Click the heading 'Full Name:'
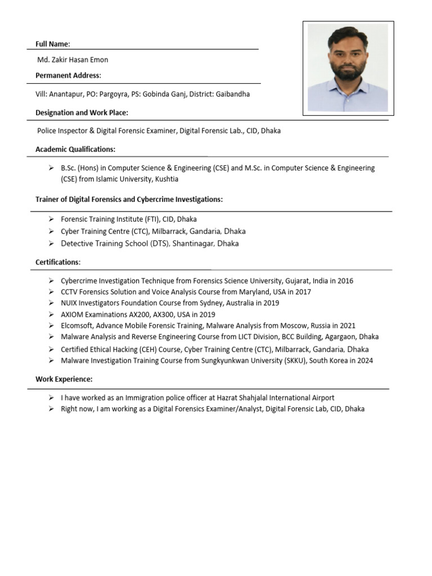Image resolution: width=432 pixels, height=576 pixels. tap(53, 44)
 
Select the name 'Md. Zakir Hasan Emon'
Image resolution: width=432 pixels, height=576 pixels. tap(73, 60)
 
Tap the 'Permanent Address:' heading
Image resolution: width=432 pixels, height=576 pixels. tap(68, 75)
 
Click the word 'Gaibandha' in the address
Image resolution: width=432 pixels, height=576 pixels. tap(233, 94)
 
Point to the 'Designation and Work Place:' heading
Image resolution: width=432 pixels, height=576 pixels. tap(82, 112)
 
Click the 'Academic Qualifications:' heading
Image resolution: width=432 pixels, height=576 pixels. tap(75, 149)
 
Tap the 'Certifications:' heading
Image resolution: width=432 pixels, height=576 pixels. tap(58, 262)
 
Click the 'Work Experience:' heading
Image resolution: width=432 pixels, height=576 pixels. tap(64, 379)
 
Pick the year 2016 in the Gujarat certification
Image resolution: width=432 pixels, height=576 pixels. tap(345, 281)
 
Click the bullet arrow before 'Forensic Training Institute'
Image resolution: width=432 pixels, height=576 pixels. tap(51, 219)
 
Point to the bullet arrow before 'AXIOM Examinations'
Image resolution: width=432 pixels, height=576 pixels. tap(51, 314)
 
